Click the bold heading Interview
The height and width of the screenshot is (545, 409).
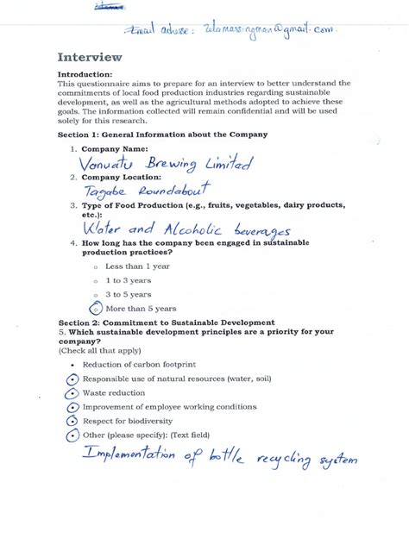point(90,58)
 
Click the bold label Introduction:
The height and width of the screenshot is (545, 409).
point(85,75)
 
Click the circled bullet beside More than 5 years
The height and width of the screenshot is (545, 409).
point(96,308)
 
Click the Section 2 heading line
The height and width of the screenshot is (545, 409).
point(166,322)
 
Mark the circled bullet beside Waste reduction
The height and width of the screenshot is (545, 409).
point(72,393)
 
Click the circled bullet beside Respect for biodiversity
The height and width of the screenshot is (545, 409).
point(72,420)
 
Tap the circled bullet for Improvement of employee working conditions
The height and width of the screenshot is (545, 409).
point(72,406)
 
